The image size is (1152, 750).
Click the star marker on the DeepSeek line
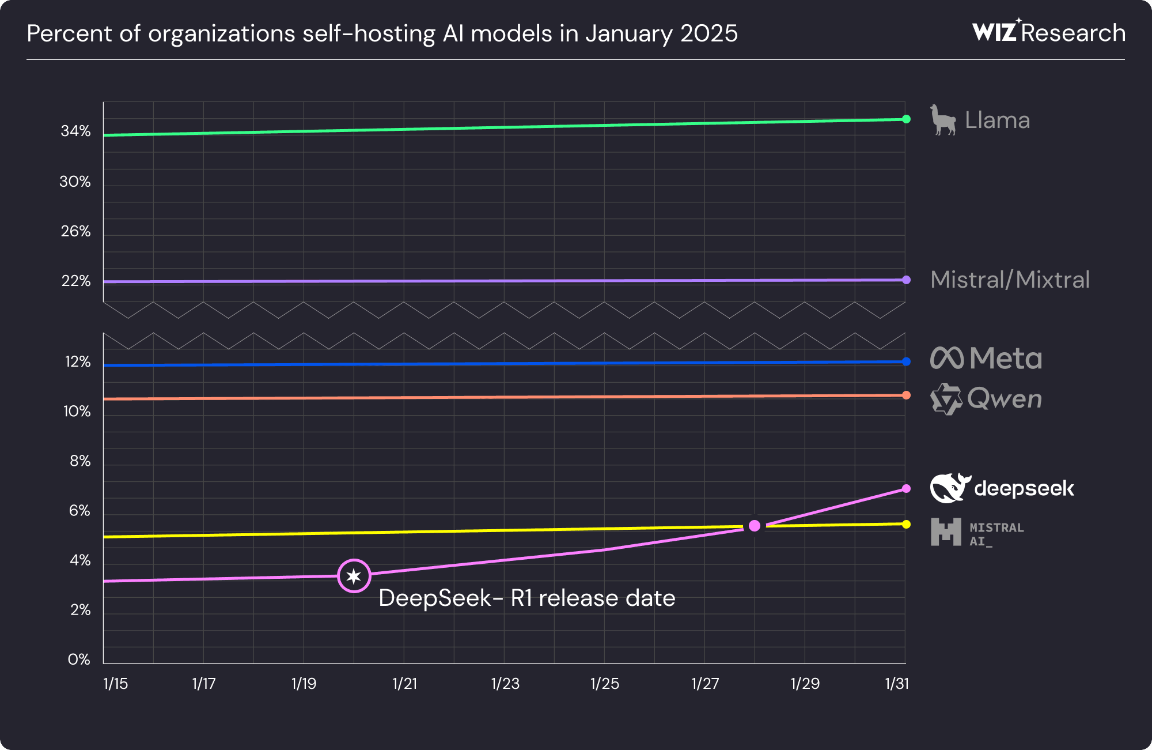(x=354, y=575)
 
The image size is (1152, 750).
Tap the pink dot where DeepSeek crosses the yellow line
(x=755, y=525)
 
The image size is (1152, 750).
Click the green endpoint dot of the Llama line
(x=906, y=119)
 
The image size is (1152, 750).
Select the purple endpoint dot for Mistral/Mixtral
(x=906, y=280)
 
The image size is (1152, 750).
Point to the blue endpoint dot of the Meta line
(x=906, y=361)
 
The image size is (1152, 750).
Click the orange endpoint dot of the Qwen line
(x=906, y=395)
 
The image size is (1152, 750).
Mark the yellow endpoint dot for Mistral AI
(x=906, y=524)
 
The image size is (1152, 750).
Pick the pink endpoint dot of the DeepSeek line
(x=906, y=488)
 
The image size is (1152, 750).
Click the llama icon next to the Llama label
(x=943, y=120)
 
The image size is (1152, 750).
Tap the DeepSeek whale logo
(x=950, y=488)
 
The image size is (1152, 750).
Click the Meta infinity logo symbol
(x=947, y=358)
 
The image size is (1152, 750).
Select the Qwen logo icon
(x=946, y=399)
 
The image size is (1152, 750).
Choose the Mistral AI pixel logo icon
(x=946, y=532)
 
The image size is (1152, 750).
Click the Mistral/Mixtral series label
(x=1010, y=280)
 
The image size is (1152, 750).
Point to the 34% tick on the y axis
(x=75, y=131)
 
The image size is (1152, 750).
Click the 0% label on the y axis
(x=79, y=659)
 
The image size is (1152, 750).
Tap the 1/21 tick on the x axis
(x=404, y=683)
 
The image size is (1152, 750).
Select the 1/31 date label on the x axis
(x=897, y=683)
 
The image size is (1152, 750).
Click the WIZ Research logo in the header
(x=1049, y=32)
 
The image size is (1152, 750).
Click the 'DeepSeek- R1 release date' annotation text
(x=526, y=598)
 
